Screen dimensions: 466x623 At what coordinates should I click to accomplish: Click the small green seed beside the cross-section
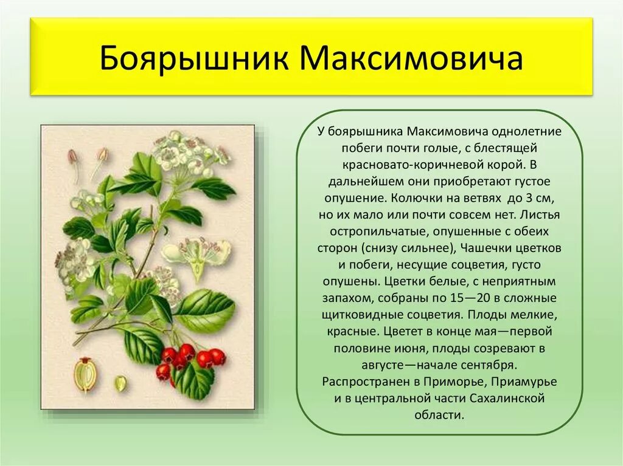point(120,383)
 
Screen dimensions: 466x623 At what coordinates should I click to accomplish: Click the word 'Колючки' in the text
point(414,198)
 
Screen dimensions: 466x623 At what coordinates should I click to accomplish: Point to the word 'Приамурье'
point(524,382)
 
